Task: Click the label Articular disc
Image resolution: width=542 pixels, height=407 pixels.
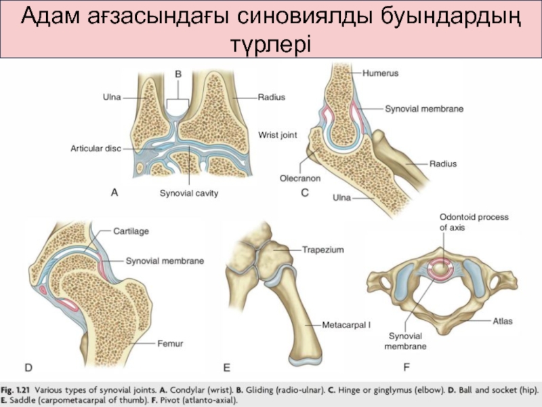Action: click(x=96, y=147)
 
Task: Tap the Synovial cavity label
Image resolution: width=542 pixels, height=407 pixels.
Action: click(x=189, y=193)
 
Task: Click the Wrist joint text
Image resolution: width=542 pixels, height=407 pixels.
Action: click(x=278, y=135)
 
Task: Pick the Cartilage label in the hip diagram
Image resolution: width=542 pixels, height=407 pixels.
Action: click(x=131, y=231)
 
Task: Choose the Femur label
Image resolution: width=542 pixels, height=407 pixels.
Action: click(x=171, y=344)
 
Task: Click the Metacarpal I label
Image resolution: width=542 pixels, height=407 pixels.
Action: click(x=347, y=325)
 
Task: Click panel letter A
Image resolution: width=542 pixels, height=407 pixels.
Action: click(x=114, y=193)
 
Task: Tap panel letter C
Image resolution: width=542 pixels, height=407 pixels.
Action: click(x=305, y=193)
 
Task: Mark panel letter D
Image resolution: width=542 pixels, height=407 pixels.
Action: click(x=28, y=368)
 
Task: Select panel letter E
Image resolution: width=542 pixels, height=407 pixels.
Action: click(x=227, y=368)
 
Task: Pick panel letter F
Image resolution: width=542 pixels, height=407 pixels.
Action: click(x=406, y=368)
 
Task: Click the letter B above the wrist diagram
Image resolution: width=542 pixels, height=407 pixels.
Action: click(x=178, y=73)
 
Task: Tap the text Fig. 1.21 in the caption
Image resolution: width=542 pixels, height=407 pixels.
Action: click(x=16, y=390)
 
